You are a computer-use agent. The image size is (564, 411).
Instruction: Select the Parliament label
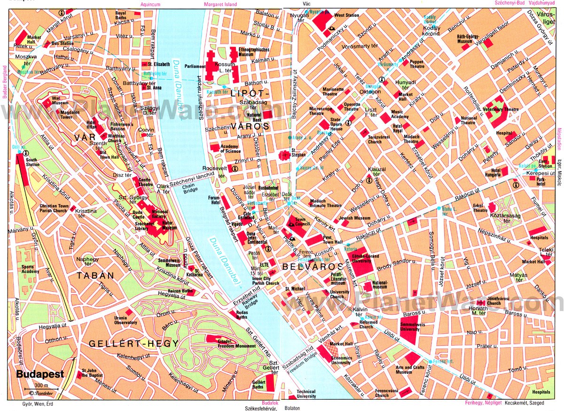tap(196, 67)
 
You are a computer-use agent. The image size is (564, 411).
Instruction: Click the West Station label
tap(346, 16)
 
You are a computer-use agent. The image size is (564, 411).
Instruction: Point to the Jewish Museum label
tap(354, 218)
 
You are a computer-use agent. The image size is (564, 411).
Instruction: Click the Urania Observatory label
tap(125, 320)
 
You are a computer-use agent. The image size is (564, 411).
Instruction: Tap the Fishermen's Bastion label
tap(111, 126)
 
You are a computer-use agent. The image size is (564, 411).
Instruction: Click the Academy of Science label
tap(230, 148)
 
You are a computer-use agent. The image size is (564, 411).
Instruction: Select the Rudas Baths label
tap(242, 314)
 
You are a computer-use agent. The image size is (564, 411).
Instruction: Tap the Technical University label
tap(306, 394)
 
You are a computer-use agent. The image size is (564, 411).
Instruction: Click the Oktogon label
tap(371, 91)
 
